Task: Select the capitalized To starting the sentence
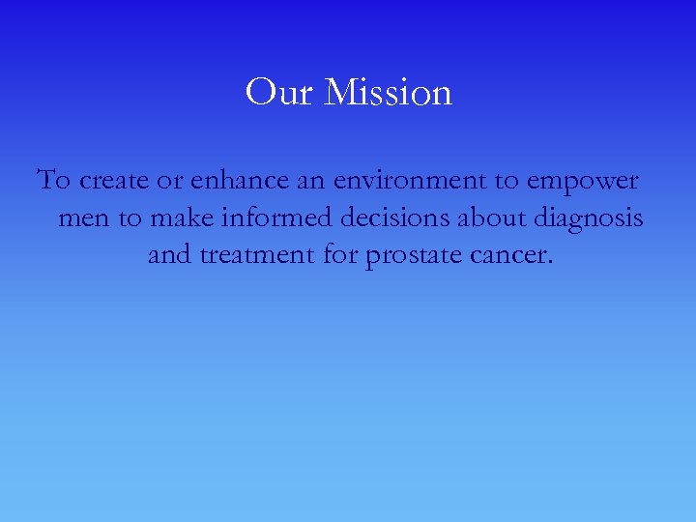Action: click(53, 181)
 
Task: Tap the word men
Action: click(84, 219)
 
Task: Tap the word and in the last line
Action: click(170, 256)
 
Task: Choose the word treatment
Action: click(256, 257)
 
